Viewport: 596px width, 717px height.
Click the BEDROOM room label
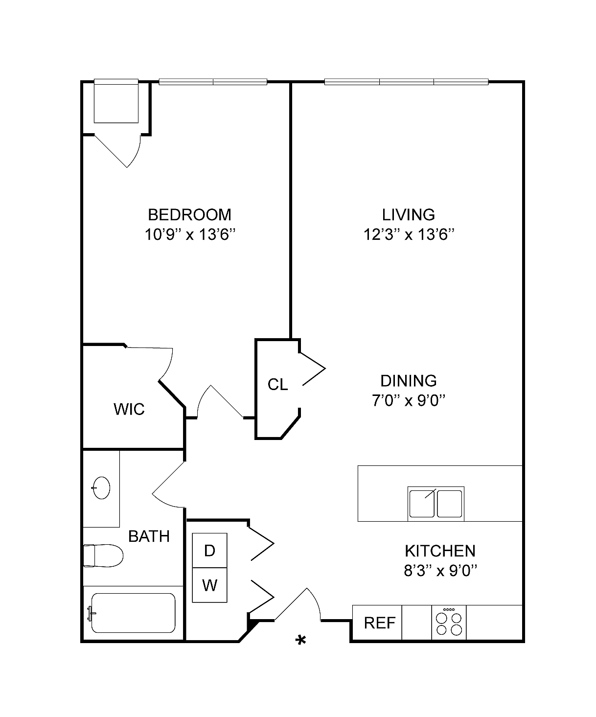click(x=189, y=215)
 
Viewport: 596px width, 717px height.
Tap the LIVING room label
click(x=409, y=215)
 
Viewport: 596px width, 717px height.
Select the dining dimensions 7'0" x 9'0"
click(x=409, y=400)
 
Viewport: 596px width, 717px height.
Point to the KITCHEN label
click(x=440, y=551)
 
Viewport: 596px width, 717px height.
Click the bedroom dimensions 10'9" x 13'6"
click(x=190, y=235)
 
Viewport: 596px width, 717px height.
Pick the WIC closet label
click(x=129, y=409)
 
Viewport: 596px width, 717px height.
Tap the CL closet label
click(x=278, y=385)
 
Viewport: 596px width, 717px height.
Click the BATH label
click(x=149, y=536)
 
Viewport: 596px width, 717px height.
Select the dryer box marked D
click(x=209, y=551)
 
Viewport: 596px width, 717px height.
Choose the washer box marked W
click(x=209, y=585)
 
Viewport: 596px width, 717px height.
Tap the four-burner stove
click(x=449, y=623)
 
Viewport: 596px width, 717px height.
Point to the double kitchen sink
click(x=436, y=504)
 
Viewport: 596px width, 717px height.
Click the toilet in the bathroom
click(x=103, y=555)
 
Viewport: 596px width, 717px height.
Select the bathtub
click(x=134, y=613)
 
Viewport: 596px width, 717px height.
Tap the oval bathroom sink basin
click(x=101, y=487)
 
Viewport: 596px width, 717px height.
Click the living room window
click(x=407, y=82)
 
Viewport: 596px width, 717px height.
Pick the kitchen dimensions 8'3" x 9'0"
click(x=440, y=571)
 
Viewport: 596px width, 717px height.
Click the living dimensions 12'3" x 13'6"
click(x=409, y=235)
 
